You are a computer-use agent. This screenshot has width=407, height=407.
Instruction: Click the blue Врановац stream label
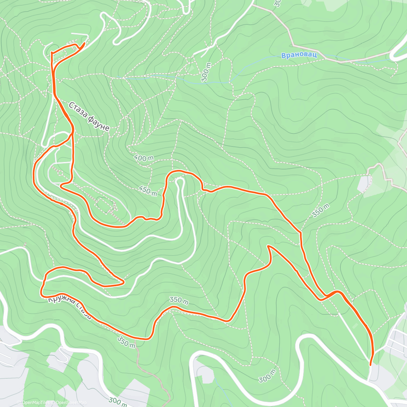click(299, 55)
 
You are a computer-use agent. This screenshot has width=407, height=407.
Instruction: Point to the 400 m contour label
click(143, 158)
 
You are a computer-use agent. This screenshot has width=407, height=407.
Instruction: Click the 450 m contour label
click(148, 191)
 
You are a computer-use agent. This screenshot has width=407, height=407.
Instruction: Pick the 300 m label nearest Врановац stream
click(206, 72)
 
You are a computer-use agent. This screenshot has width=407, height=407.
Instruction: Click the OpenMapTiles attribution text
click(33, 403)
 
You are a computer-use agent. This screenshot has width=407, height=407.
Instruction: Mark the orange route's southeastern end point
click(370, 365)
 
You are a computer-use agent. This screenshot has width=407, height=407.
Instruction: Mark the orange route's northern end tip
click(84, 43)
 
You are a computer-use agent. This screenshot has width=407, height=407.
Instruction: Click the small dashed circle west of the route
click(60, 173)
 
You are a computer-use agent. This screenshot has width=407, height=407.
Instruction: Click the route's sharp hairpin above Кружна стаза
click(123, 282)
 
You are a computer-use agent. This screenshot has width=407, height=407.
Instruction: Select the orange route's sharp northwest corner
click(52, 53)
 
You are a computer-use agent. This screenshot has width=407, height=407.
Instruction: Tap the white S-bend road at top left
click(112, 27)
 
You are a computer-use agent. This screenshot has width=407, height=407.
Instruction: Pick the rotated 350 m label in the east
click(321, 210)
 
